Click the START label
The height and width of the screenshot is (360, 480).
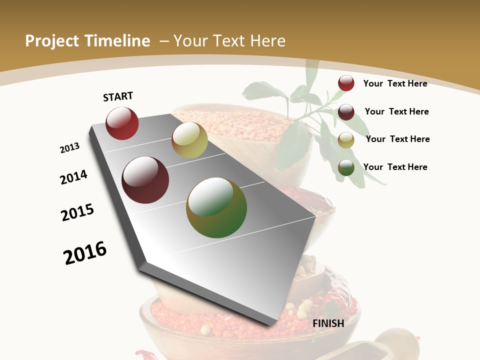[x=118, y=96]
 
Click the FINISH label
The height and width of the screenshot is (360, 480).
[x=328, y=323]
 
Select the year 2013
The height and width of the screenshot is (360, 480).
[x=69, y=148]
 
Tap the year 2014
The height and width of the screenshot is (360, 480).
[x=74, y=177]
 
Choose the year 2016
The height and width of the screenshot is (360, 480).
[x=85, y=253]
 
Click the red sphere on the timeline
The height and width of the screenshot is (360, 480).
[x=122, y=123]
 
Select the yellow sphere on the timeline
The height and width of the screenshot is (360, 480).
[x=189, y=140]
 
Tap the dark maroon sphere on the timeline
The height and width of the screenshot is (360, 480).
[x=145, y=180]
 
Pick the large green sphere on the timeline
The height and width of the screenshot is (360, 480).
[x=216, y=207]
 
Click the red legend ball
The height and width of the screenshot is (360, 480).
[x=346, y=83]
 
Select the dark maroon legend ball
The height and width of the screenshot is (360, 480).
[x=346, y=112]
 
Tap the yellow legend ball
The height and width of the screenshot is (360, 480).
[x=346, y=140]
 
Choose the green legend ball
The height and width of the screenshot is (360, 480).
[x=346, y=167]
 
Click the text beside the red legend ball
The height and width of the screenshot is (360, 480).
[x=395, y=83]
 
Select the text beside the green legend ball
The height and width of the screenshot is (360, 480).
[x=395, y=167]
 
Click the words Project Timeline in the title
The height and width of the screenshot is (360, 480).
[x=87, y=41]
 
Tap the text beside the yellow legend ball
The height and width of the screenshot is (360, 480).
[x=397, y=139]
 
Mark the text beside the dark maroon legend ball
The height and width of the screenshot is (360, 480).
[x=396, y=111]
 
